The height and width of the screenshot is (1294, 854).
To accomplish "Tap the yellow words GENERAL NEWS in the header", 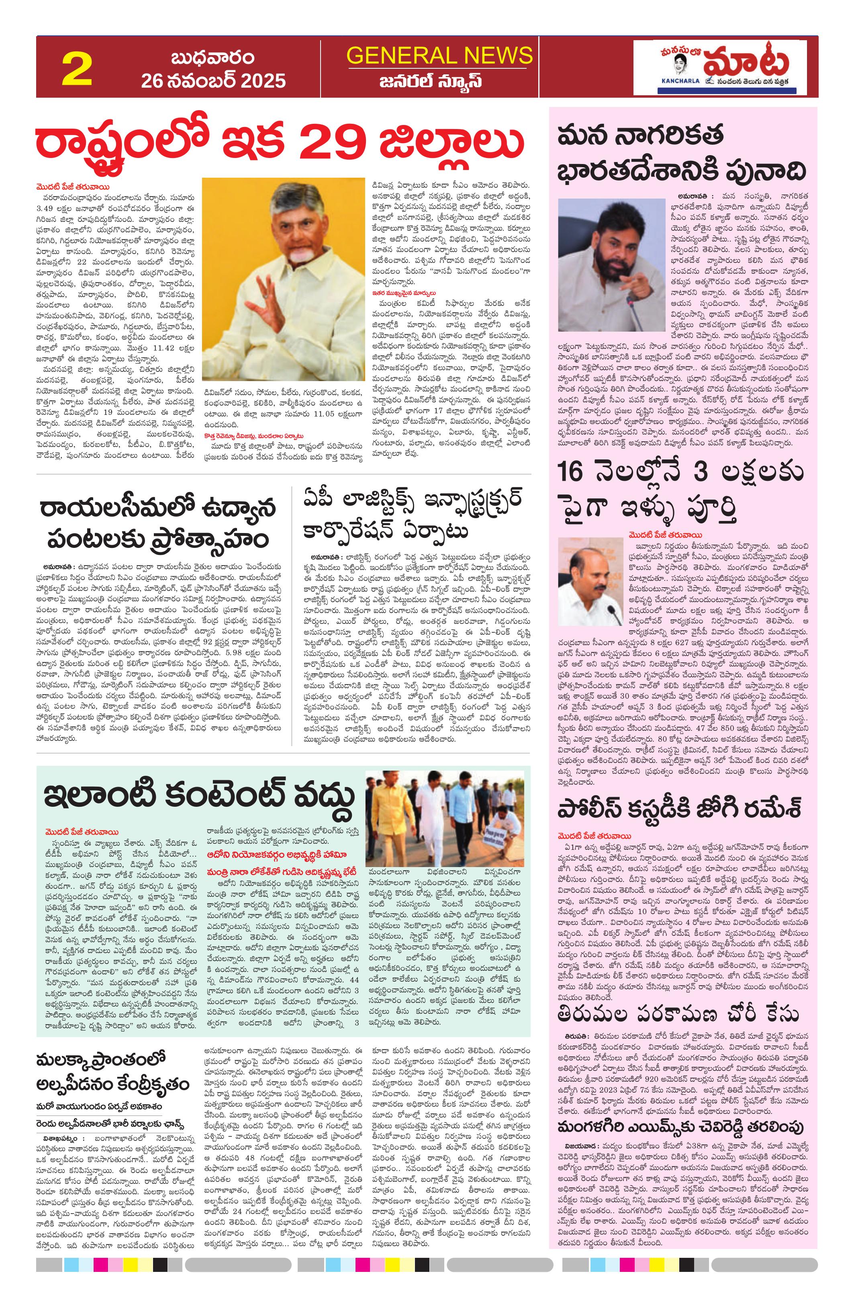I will (439, 55).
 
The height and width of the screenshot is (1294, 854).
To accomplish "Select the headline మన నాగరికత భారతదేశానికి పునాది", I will (681, 153).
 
